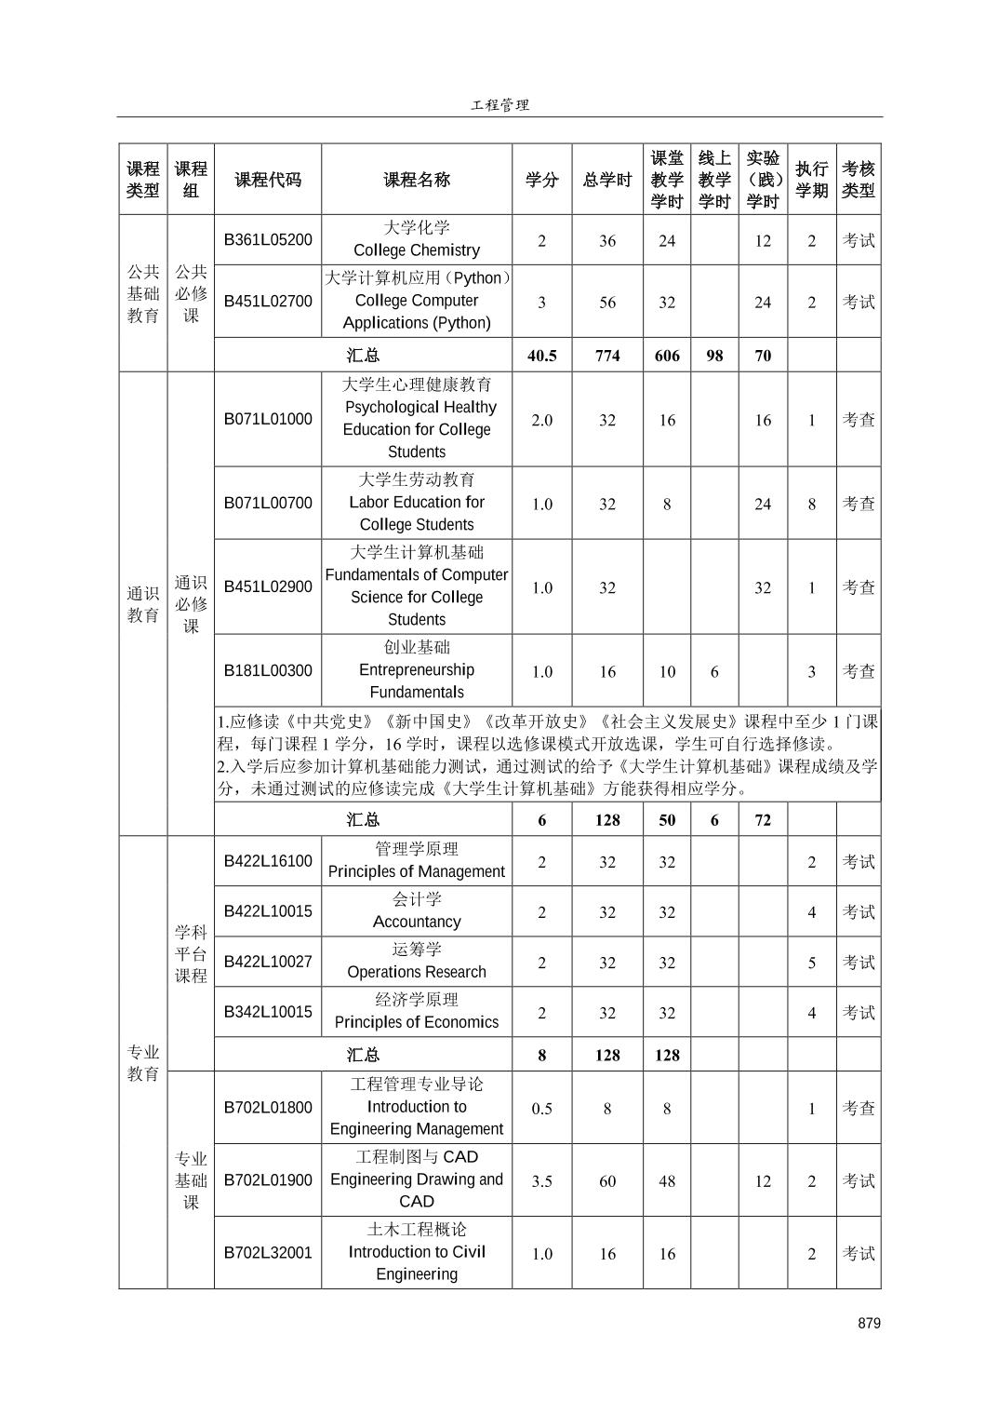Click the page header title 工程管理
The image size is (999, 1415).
499,105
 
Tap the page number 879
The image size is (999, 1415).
869,1323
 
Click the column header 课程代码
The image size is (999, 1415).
268,180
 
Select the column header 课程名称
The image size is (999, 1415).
417,180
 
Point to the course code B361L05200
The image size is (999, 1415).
268,239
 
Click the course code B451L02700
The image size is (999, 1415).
268,301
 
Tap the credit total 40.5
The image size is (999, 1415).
541,355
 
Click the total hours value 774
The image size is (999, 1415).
607,355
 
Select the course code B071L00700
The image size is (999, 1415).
268,503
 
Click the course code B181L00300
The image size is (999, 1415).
268,670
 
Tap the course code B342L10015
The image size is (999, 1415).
268,1012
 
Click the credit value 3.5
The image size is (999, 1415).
541,1181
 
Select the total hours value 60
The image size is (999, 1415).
607,1181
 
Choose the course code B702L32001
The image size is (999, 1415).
268,1252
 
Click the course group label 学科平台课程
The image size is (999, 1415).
191,953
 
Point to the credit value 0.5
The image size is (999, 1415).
541,1109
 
